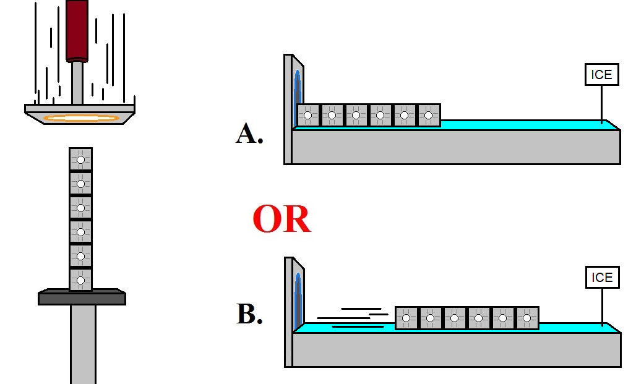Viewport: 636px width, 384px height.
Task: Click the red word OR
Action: click(281, 220)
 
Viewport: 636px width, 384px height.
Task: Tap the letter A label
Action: click(249, 134)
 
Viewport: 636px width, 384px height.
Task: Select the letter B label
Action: click(249, 314)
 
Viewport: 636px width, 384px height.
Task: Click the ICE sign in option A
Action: click(601, 75)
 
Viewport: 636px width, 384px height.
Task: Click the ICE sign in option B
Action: click(601, 277)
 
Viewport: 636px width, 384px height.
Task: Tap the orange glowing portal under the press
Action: click(80, 117)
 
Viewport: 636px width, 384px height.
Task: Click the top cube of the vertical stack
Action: click(80, 160)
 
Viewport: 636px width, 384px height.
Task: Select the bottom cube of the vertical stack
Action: click(80, 279)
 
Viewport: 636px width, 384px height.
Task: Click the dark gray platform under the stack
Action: click(82, 298)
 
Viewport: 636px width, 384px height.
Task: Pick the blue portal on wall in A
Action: click(298, 93)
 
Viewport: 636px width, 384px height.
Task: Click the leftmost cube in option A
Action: click(307, 115)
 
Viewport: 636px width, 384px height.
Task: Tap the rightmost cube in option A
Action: click(429, 115)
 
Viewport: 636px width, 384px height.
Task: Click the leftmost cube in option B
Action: click(406, 318)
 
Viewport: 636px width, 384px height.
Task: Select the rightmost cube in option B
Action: click(527, 318)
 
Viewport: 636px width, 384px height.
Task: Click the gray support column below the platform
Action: click(83, 343)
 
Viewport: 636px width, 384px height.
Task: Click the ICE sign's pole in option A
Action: click(602, 102)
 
